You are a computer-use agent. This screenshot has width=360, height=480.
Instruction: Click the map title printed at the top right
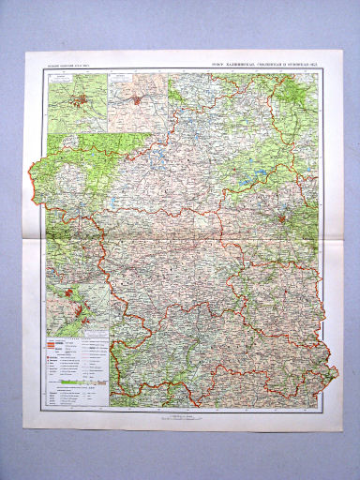[x=264, y=66]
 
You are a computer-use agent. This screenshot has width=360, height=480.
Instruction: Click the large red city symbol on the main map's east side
[x=282, y=219]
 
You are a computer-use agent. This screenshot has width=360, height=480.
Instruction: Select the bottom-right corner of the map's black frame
[x=318, y=406]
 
